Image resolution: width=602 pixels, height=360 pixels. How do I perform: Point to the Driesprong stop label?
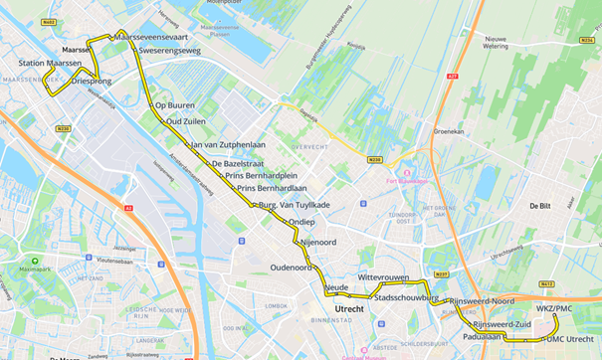pos(92,81)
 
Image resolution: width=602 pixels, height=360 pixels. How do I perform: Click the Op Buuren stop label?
pos(175,104)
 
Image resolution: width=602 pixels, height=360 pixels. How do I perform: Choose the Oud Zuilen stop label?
pos(186,121)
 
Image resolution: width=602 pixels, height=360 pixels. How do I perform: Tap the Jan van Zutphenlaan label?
pos(228,145)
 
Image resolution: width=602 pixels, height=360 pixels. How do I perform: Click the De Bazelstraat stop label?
pos(239,163)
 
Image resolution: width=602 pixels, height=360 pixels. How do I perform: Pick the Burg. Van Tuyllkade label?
pos(294,204)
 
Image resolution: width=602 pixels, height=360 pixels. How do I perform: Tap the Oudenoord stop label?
pos(291,267)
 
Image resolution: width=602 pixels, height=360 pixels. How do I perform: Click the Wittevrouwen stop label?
pos(384,278)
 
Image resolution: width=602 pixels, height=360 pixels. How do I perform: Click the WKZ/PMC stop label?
pos(554,309)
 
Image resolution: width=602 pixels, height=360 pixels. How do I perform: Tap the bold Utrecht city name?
pos(350,309)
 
